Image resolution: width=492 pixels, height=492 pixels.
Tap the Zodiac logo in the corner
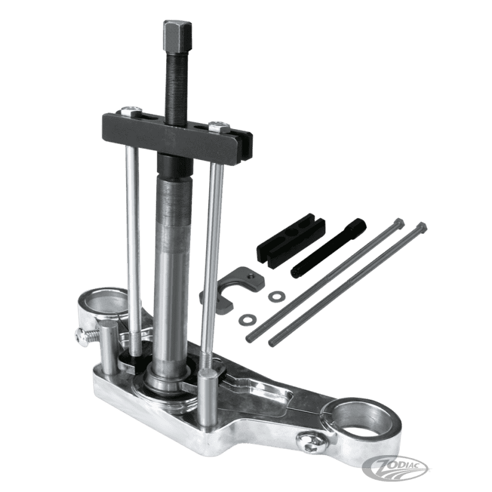coord(394,468)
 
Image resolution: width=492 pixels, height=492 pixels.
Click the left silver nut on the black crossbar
coord(132,111)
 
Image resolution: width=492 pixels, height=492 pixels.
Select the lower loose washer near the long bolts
coord(248,320)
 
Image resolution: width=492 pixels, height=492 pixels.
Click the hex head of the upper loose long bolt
coord(399,223)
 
